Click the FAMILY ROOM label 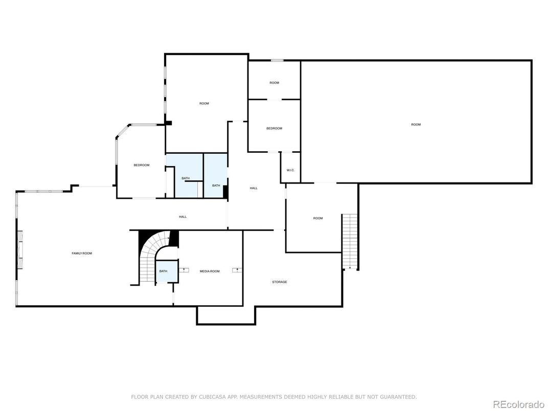pos(82,254)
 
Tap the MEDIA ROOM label pos(210,271)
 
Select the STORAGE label pos(279,282)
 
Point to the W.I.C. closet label pos(290,170)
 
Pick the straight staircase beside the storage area pos(349,241)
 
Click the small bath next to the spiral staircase pos(163,271)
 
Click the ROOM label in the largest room pos(416,125)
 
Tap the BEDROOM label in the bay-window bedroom pos(142,165)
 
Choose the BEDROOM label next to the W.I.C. pos(274,128)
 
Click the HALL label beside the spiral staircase pos(182,217)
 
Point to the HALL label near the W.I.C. pos(254,188)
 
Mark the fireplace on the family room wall pos(21,250)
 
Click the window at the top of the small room pos(277,61)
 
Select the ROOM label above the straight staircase pos(318,218)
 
